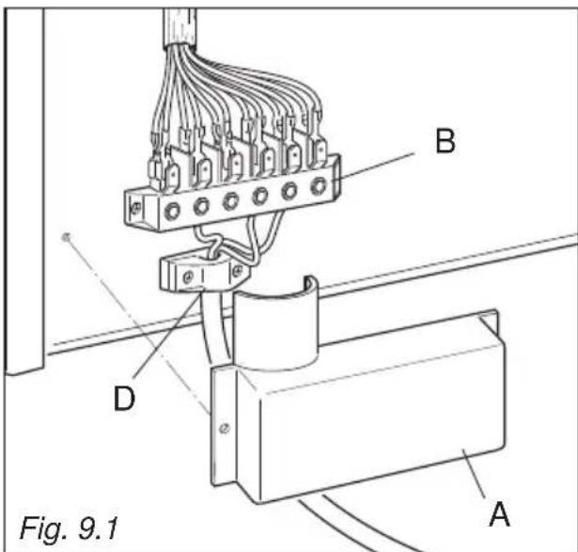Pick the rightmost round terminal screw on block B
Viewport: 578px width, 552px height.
[319, 185]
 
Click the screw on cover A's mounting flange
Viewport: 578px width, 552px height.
[222, 427]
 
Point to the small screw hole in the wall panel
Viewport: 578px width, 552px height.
[65, 237]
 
